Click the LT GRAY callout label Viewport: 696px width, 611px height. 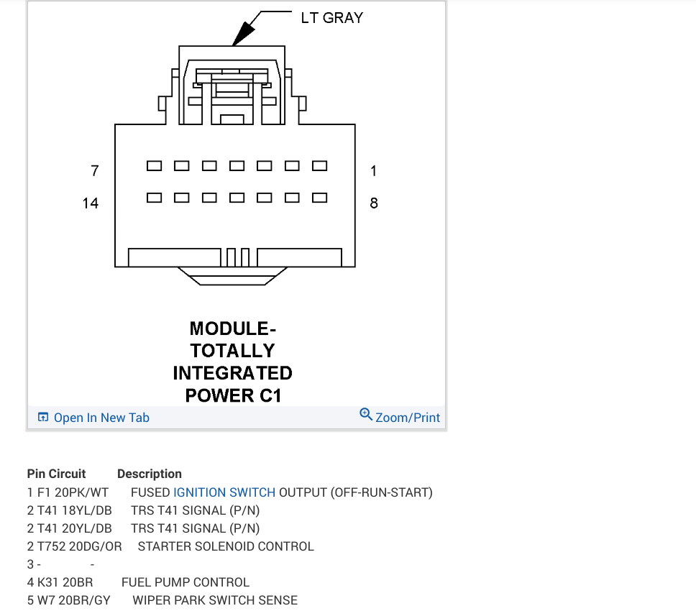[331, 17]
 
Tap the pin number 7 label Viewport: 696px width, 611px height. [94, 171]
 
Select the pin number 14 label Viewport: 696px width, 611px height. [90, 203]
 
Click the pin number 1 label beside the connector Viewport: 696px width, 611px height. [374, 171]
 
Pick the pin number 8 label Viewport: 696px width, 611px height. [374, 203]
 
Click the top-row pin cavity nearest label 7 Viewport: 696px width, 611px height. [154, 166]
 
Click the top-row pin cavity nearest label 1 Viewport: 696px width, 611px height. [319, 166]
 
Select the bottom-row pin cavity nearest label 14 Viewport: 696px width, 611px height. [154, 197]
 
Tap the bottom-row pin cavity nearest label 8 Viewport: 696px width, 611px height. [319, 197]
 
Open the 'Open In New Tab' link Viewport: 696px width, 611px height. [101, 418]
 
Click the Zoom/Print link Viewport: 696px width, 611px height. [408, 418]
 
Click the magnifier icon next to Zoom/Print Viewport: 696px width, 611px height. [366, 415]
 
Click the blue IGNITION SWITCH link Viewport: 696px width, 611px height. [224, 492]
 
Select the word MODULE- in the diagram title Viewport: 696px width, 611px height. [232, 329]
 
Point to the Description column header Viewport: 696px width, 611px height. [150, 474]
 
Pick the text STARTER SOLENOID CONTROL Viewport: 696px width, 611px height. [226, 546]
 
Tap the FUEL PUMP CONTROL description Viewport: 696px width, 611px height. [186, 582]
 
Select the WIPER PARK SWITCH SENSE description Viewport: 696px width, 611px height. [215, 599]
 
